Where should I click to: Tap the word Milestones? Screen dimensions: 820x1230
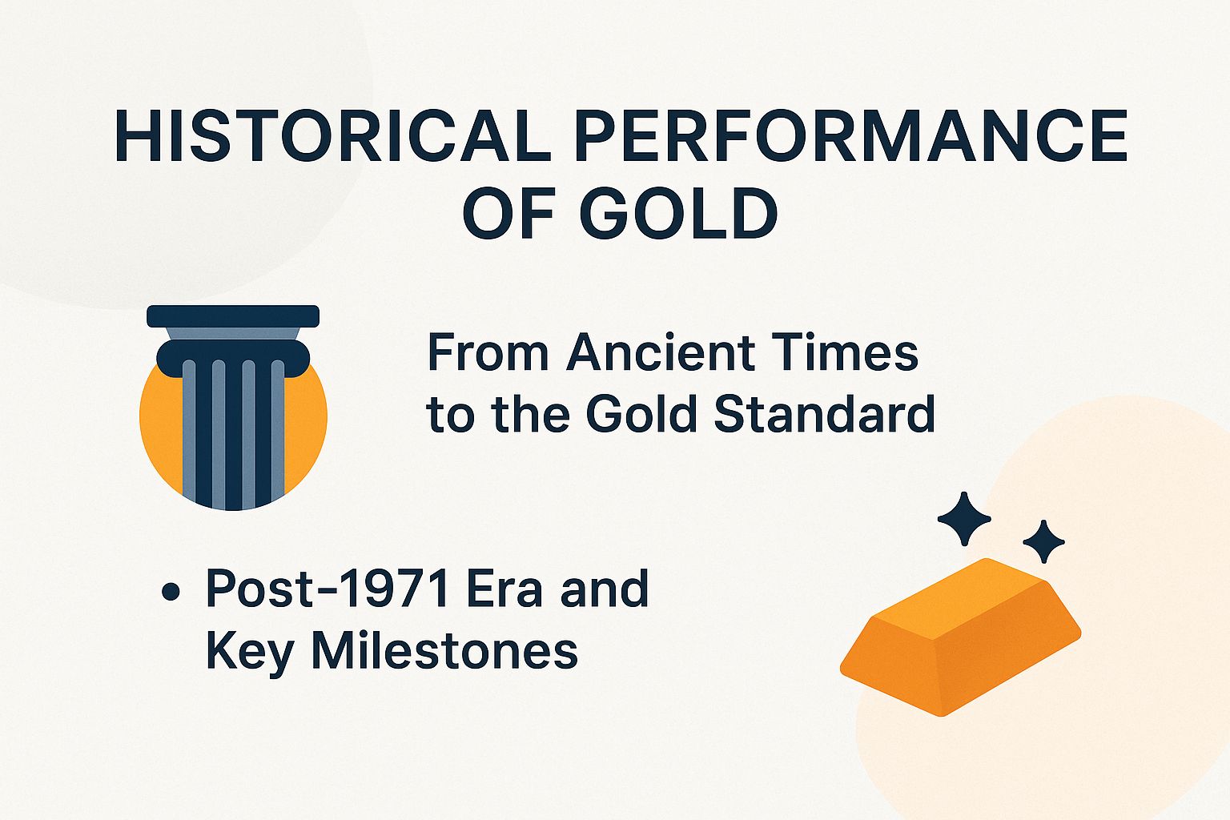tap(444, 650)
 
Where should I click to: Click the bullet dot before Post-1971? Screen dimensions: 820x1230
tap(170, 593)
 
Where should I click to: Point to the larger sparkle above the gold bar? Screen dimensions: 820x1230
tap(964, 519)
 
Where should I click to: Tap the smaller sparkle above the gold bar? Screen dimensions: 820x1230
tap(1043, 542)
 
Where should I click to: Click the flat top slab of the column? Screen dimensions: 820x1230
tap(233, 316)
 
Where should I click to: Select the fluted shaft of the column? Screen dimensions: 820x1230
tap(233, 432)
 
